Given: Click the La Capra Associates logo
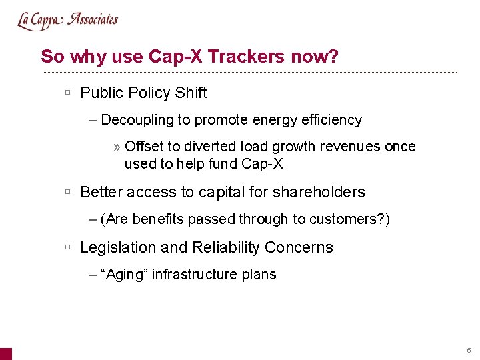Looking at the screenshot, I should point(67,20).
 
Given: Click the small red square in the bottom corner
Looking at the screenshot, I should point(5,353).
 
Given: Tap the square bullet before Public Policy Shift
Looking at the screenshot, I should point(68,93).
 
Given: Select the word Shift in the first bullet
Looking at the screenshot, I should point(191,93).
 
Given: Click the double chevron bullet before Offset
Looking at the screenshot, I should point(117,147).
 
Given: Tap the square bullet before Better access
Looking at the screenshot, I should point(68,192).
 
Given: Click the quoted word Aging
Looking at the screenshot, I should point(124,275).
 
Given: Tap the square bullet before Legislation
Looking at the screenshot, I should point(68,247).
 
